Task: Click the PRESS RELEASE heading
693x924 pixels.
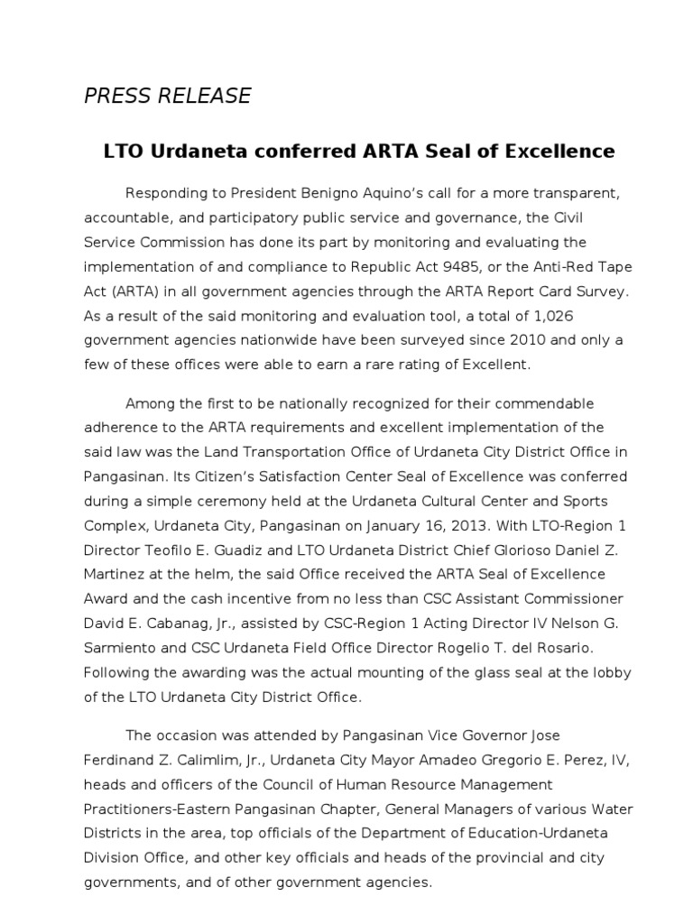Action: [x=168, y=96]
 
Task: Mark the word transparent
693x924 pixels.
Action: [x=536, y=194]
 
